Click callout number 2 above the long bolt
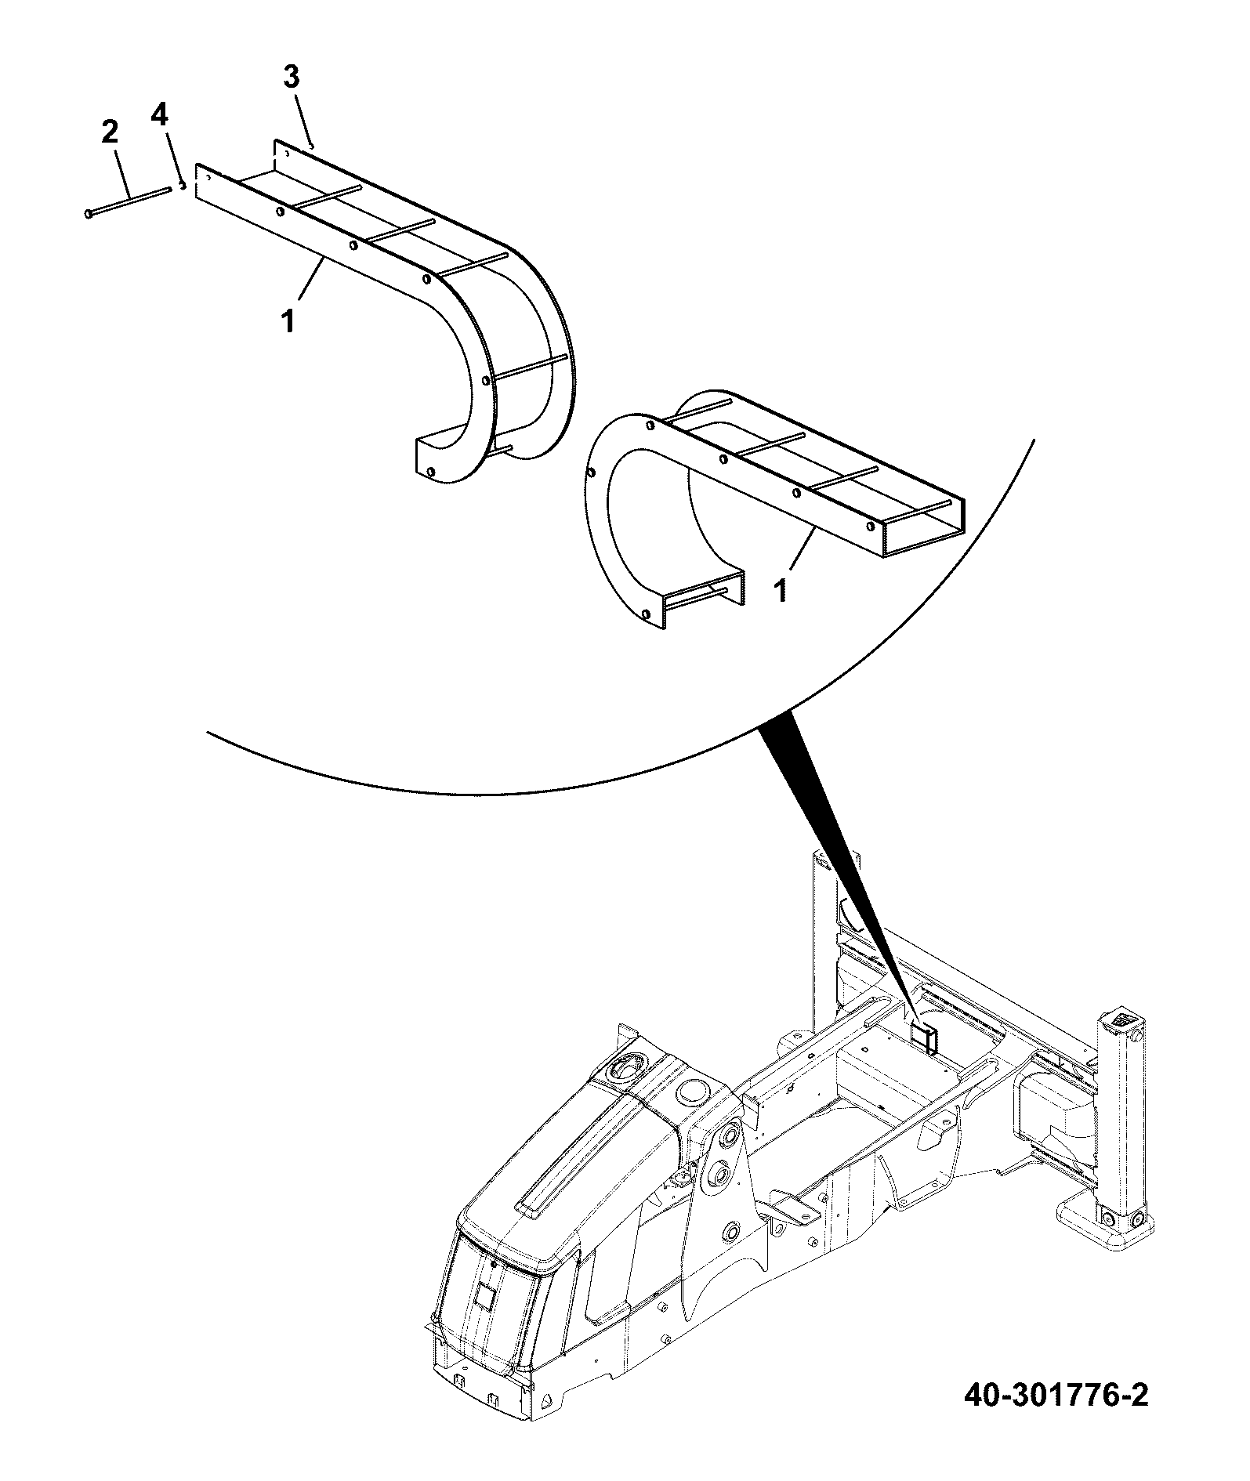click(x=110, y=132)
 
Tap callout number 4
click(x=159, y=117)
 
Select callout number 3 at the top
click(x=291, y=78)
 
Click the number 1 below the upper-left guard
click(x=289, y=320)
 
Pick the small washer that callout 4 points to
click(x=182, y=185)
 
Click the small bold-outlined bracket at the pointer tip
click(x=925, y=1042)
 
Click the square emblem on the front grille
click(x=484, y=1297)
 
